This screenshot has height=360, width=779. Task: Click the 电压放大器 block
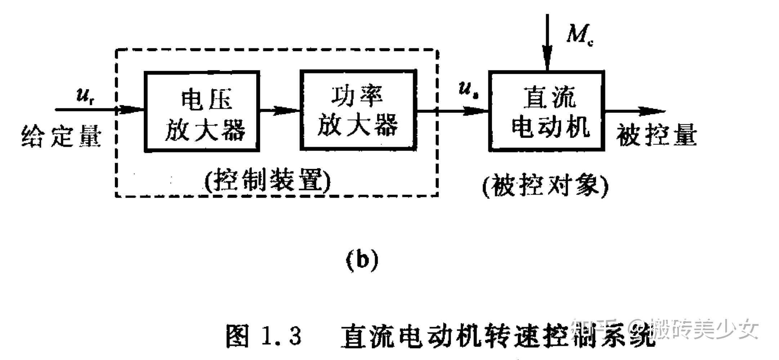tap(202, 112)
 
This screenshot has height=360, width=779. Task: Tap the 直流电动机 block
tap(546, 111)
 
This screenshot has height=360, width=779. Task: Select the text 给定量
tap(61, 136)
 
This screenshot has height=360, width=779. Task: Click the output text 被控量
tap(656, 136)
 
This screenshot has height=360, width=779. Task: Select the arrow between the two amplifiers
tap(280, 110)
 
